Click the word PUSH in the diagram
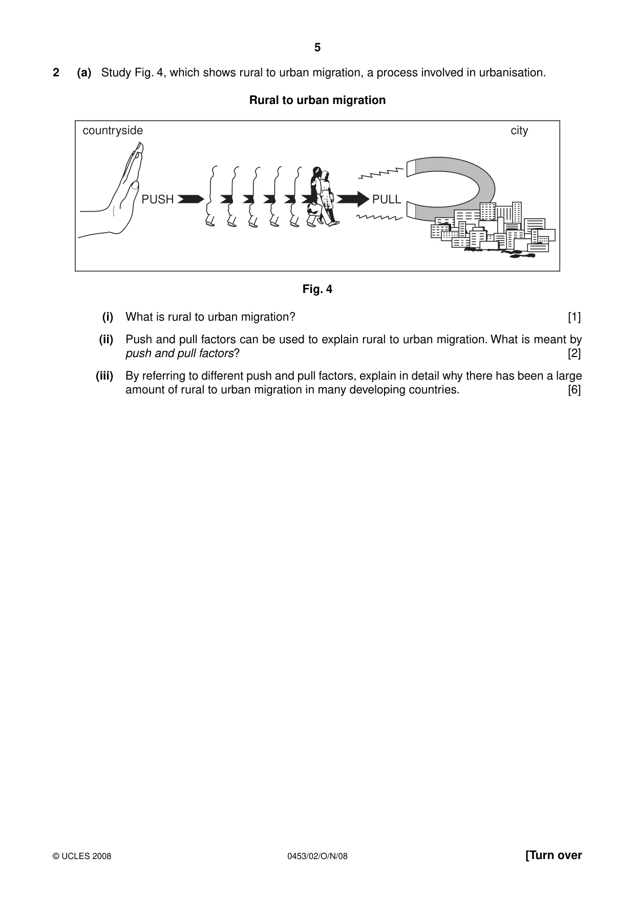[158, 199]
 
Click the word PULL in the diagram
[387, 199]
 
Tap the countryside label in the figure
[113, 131]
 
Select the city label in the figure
[519, 131]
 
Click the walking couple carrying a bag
[322, 197]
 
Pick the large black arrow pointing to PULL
[353, 199]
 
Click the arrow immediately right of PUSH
[190, 199]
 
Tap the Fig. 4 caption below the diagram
[317, 289]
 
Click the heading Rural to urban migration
[317, 100]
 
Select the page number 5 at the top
[317, 48]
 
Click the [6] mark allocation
[575, 390]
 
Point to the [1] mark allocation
[575, 317]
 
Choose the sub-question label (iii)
[104, 376]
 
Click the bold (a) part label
[84, 73]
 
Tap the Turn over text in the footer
[554, 855]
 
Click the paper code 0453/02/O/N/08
[317, 856]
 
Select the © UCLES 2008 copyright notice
[82, 856]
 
